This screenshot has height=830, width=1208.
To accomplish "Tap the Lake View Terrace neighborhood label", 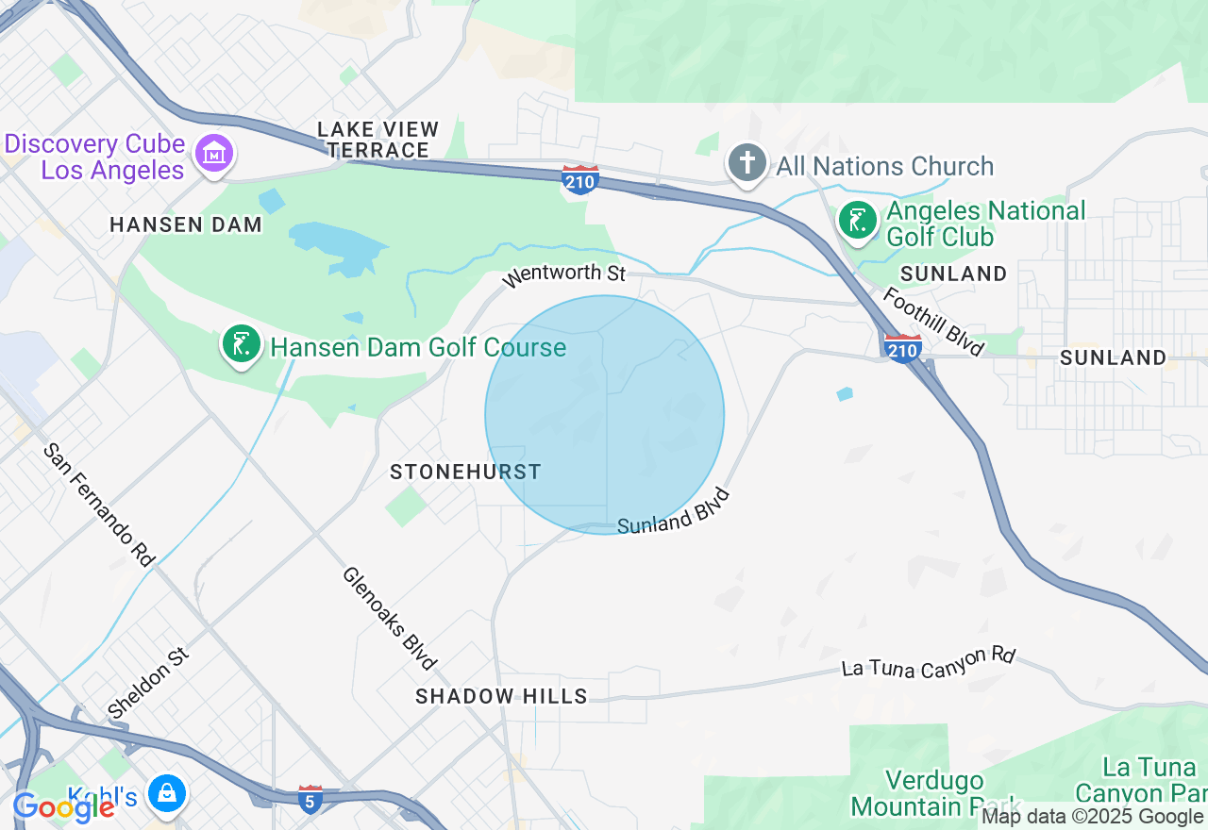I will (378, 140).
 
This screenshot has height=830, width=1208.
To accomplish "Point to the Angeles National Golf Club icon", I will (858, 222).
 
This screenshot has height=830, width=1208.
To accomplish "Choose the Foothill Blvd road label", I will (933, 321).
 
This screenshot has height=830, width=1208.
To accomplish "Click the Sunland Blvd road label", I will (674, 511).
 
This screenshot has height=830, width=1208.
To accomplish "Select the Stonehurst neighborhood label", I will (465, 472).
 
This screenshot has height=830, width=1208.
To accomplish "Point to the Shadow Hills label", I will (501, 696).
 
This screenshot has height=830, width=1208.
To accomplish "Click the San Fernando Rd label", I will (99, 504).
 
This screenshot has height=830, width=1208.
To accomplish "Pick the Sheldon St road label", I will (149, 682).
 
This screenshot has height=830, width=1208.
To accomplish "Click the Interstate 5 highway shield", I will (310, 799).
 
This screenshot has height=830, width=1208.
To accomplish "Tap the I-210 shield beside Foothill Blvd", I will (903, 348).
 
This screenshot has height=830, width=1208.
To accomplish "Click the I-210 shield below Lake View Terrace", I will (579, 179).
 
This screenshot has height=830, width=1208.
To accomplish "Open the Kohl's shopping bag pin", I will (167, 794).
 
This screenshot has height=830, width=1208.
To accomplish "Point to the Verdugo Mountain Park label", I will (934, 794).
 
